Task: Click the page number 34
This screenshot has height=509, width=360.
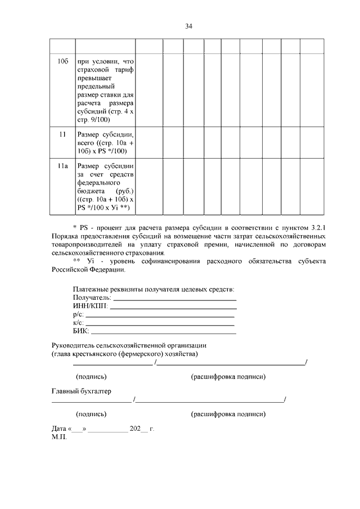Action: coord(189,26)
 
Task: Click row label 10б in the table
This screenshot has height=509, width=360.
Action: coord(62,60)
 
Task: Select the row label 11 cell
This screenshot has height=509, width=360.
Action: coord(62,135)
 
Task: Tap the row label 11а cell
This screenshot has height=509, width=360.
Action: coord(62,166)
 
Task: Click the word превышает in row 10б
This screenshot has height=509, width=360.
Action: coord(95,78)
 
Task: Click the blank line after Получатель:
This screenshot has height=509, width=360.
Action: coord(174,299)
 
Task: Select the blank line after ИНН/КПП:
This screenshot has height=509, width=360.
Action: coord(173,308)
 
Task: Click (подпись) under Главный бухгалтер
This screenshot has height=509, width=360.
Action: coord(91,414)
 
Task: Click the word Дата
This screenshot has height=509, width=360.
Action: coord(59,429)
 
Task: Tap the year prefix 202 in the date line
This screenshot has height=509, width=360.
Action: coord(135,429)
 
